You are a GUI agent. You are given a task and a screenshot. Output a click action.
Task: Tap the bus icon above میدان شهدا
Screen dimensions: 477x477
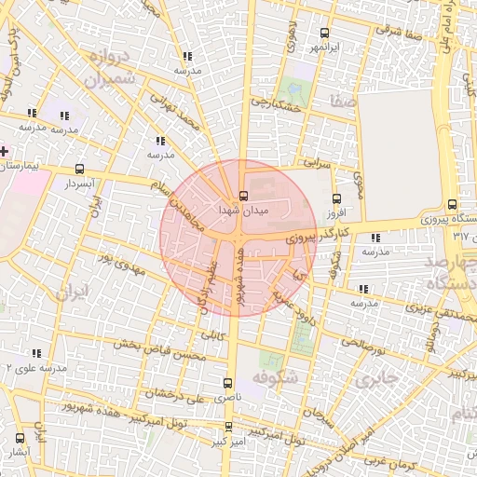(x=243, y=197)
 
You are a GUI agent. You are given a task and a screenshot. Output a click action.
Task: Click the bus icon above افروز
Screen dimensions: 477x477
(x=337, y=198)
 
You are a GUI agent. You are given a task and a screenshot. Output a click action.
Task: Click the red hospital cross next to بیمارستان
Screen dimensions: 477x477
(x=4, y=150)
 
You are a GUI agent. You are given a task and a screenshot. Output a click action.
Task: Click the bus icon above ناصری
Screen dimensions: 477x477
(x=229, y=383)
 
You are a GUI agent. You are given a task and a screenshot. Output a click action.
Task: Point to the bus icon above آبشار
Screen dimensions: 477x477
(x=20, y=438)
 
